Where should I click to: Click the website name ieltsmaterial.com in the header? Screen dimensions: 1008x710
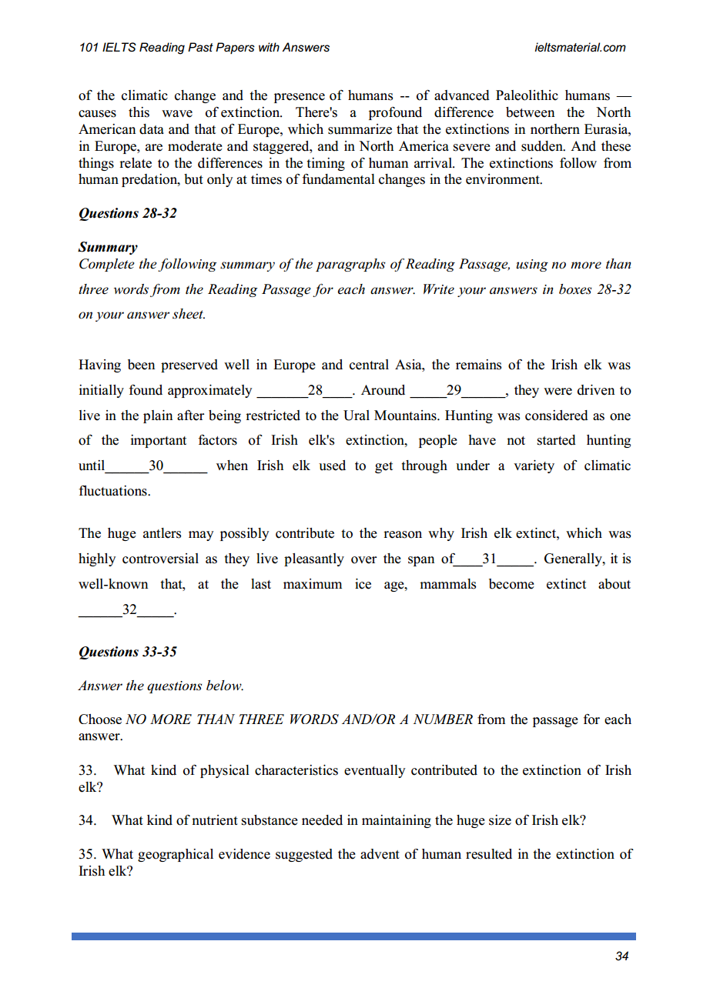click(579, 48)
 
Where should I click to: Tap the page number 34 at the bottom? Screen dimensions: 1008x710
click(622, 956)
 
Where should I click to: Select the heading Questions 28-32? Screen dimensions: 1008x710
click(128, 213)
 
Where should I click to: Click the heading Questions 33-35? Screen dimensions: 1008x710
click(128, 652)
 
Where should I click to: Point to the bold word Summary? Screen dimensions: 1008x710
click(108, 247)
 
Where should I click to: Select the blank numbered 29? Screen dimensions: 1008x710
click(454, 390)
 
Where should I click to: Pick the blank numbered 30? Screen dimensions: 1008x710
click(156, 466)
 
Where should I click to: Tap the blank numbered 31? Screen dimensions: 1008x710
click(489, 559)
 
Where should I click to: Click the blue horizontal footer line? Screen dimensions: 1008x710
click(354, 936)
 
